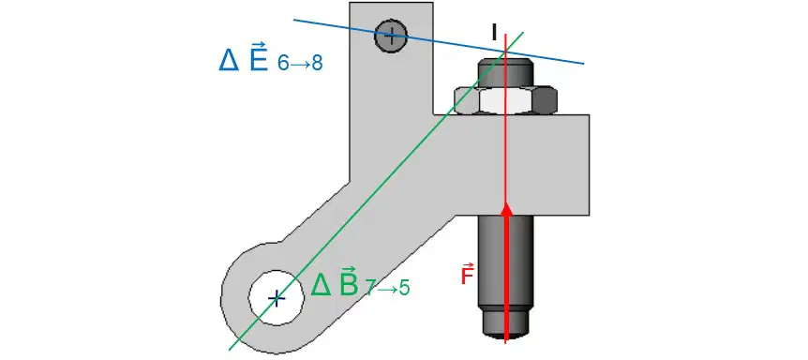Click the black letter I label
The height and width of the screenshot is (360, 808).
point(494,32)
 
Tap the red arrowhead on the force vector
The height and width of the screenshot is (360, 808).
point(507,208)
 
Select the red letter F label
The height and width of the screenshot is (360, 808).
point(467,274)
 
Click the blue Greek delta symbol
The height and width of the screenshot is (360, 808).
point(229,60)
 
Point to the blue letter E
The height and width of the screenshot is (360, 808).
point(258,56)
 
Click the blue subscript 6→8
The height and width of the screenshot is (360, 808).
point(300,64)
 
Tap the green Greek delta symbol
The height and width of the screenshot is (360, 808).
point(321,285)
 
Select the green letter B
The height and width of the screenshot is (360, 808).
point(349,281)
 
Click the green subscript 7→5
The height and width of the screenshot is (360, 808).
point(387,289)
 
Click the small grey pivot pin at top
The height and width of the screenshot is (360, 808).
point(391,36)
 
